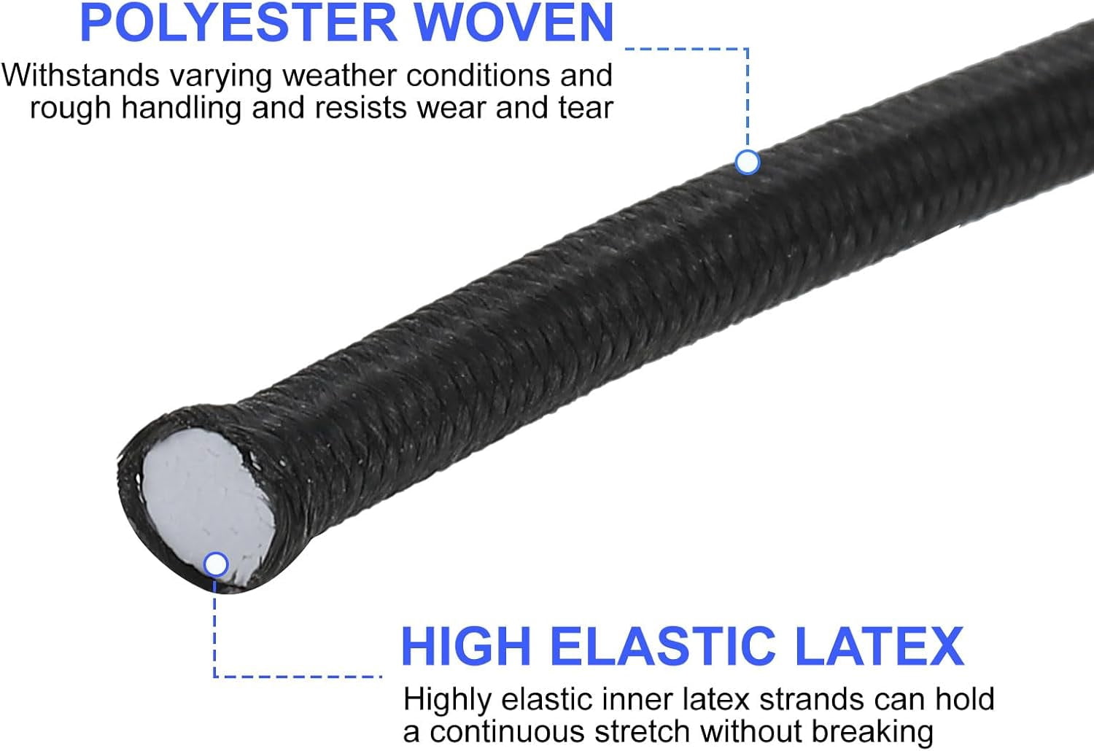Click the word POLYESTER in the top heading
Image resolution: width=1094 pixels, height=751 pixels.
point(238,23)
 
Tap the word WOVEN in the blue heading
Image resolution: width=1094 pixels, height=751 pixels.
point(514,23)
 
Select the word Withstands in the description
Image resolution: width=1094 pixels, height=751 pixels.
point(80,75)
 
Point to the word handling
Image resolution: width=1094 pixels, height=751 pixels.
point(181,108)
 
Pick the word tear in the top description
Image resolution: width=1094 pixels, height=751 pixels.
point(586,108)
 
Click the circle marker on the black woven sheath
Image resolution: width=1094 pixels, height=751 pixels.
point(748,162)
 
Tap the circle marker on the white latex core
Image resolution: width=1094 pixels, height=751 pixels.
point(216,565)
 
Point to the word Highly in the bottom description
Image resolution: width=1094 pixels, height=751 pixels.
point(447,700)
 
